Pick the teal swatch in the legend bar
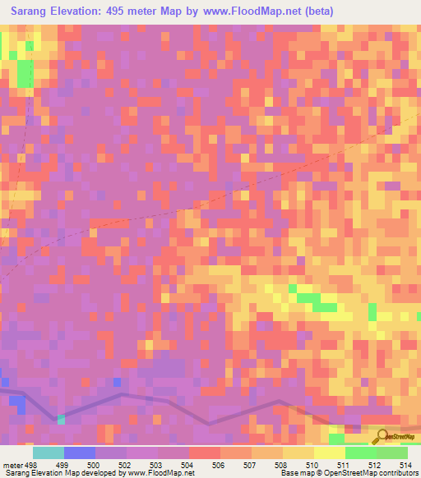48,453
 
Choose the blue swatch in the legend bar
80,453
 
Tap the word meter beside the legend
13,464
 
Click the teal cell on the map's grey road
61,420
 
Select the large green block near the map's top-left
25,74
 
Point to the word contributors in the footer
395,473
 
